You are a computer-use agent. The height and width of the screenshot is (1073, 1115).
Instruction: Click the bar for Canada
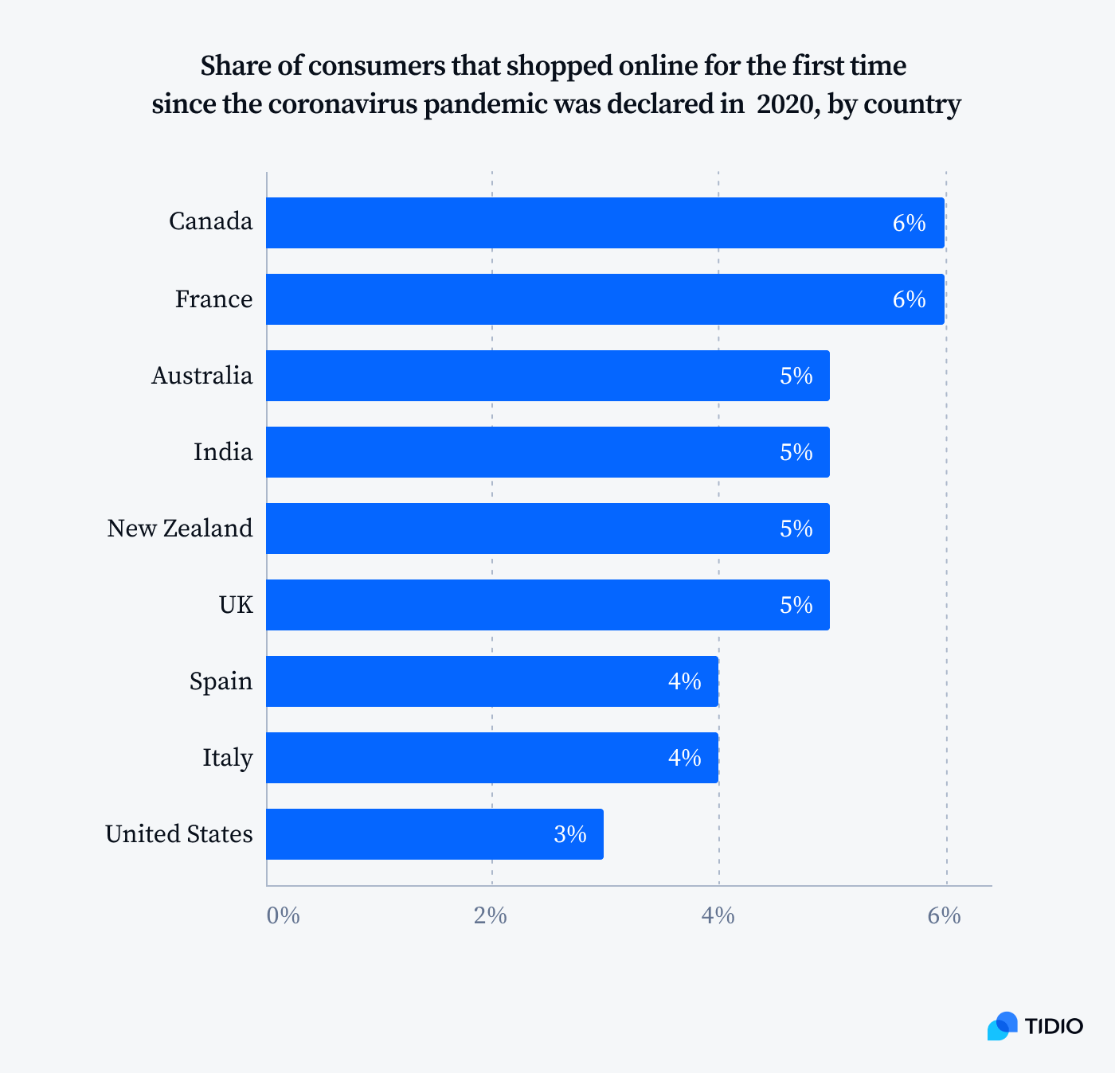point(605,223)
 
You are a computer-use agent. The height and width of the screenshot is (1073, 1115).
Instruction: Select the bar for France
point(605,299)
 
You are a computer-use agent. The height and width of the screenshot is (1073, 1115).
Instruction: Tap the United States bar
point(435,834)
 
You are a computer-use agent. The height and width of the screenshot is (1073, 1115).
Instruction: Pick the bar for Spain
point(492,681)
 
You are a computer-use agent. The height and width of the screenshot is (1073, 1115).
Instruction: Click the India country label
point(223,452)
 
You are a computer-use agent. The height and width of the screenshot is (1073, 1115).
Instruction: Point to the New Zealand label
point(180,529)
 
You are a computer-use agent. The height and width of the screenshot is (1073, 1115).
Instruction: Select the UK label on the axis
point(236,605)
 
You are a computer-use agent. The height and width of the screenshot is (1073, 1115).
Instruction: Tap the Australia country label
point(202,376)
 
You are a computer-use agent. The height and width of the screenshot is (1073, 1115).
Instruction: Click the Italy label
point(228,758)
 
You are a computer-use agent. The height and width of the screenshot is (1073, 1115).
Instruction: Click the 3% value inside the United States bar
point(570,834)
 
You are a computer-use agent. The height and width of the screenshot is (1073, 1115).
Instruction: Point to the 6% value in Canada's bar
point(909,223)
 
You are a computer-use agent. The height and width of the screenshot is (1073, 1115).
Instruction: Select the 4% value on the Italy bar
point(684,758)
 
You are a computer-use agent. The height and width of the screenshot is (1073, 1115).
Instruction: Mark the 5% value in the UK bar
point(796,605)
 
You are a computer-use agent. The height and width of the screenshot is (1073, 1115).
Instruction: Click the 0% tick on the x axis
point(283,916)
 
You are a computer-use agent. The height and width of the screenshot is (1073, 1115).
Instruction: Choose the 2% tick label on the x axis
point(491,916)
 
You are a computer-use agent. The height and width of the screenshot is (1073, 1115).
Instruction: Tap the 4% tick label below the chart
point(718,916)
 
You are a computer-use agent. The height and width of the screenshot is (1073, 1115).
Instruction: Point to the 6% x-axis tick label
point(944,916)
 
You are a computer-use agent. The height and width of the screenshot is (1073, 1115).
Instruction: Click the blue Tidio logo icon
point(1002,1026)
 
